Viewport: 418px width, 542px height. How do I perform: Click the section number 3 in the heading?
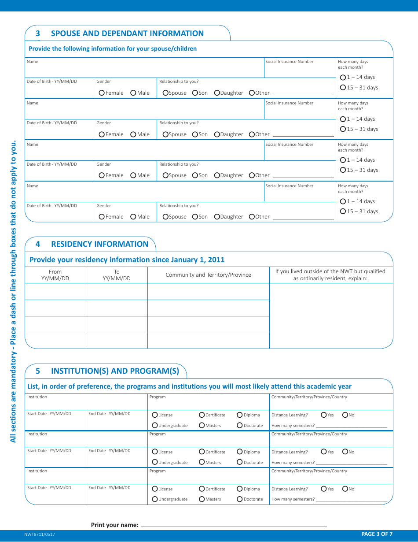click(38, 33)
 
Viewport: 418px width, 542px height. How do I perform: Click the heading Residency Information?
click(99, 244)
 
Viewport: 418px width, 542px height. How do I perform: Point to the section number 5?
click(38, 371)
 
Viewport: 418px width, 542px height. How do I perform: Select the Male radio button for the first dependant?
click(133, 93)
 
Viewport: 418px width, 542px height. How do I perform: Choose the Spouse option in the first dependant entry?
click(165, 93)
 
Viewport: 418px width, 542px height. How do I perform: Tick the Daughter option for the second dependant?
click(217, 134)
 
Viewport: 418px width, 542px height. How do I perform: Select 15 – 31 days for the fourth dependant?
click(343, 212)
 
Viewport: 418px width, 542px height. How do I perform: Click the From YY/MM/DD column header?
click(55, 275)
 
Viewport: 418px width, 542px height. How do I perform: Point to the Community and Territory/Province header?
click(208, 275)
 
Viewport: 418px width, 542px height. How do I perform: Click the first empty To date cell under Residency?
click(117, 291)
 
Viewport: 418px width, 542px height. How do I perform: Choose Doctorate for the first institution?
click(240, 425)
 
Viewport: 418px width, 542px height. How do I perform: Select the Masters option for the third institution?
click(202, 499)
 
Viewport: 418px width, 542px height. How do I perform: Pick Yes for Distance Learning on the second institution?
click(324, 452)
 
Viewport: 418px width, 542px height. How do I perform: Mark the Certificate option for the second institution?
click(202, 452)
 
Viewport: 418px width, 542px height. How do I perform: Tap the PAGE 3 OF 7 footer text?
click(377, 534)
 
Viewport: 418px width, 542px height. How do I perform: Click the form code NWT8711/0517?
click(40, 535)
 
